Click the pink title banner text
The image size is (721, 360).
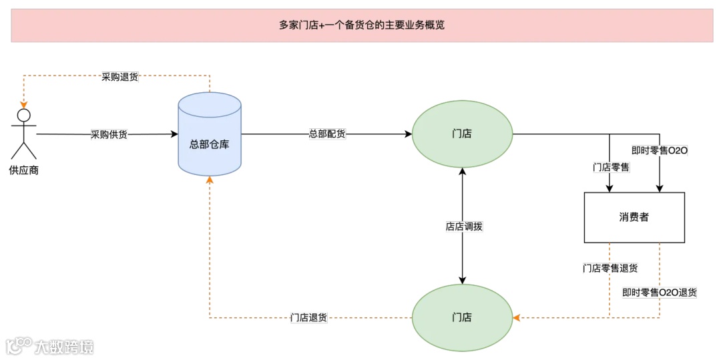(361, 25)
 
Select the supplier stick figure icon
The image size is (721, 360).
(24, 134)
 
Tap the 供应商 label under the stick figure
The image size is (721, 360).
(24, 170)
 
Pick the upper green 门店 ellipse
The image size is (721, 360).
(462, 134)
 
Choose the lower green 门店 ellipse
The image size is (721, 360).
(462, 317)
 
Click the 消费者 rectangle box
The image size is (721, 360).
(634, 217)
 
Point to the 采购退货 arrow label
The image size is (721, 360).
(120, 77)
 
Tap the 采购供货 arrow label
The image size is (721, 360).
(109, 134)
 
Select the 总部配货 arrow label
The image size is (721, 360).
(327, 134)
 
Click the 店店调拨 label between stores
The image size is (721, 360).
(463, 226)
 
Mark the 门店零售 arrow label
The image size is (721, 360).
(611, 167)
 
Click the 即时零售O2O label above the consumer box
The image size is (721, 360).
(660, 150)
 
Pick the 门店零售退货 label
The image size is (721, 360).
(610, 268)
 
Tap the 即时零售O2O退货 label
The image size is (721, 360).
(660, 293)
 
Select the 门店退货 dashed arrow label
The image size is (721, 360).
(308, 318)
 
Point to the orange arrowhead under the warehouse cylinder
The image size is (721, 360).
(210, 180)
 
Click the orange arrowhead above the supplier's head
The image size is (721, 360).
(24, 104)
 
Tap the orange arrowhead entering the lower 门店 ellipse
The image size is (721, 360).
(515, 317)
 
